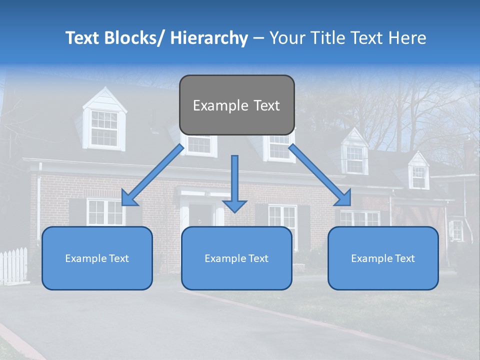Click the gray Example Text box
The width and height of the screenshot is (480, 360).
(236, 105)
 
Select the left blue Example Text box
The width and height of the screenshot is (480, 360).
(97, 258)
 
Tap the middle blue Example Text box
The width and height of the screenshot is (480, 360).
(236, 258)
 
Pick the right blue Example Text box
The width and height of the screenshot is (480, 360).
(383, 258)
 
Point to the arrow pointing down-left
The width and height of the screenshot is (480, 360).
(153, 175)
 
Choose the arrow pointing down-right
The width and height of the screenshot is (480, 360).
(320, 175)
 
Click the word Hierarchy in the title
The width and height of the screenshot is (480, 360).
(209, 38)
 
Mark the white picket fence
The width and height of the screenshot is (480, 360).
(13, 265)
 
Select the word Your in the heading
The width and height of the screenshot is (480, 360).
(286, 38)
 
